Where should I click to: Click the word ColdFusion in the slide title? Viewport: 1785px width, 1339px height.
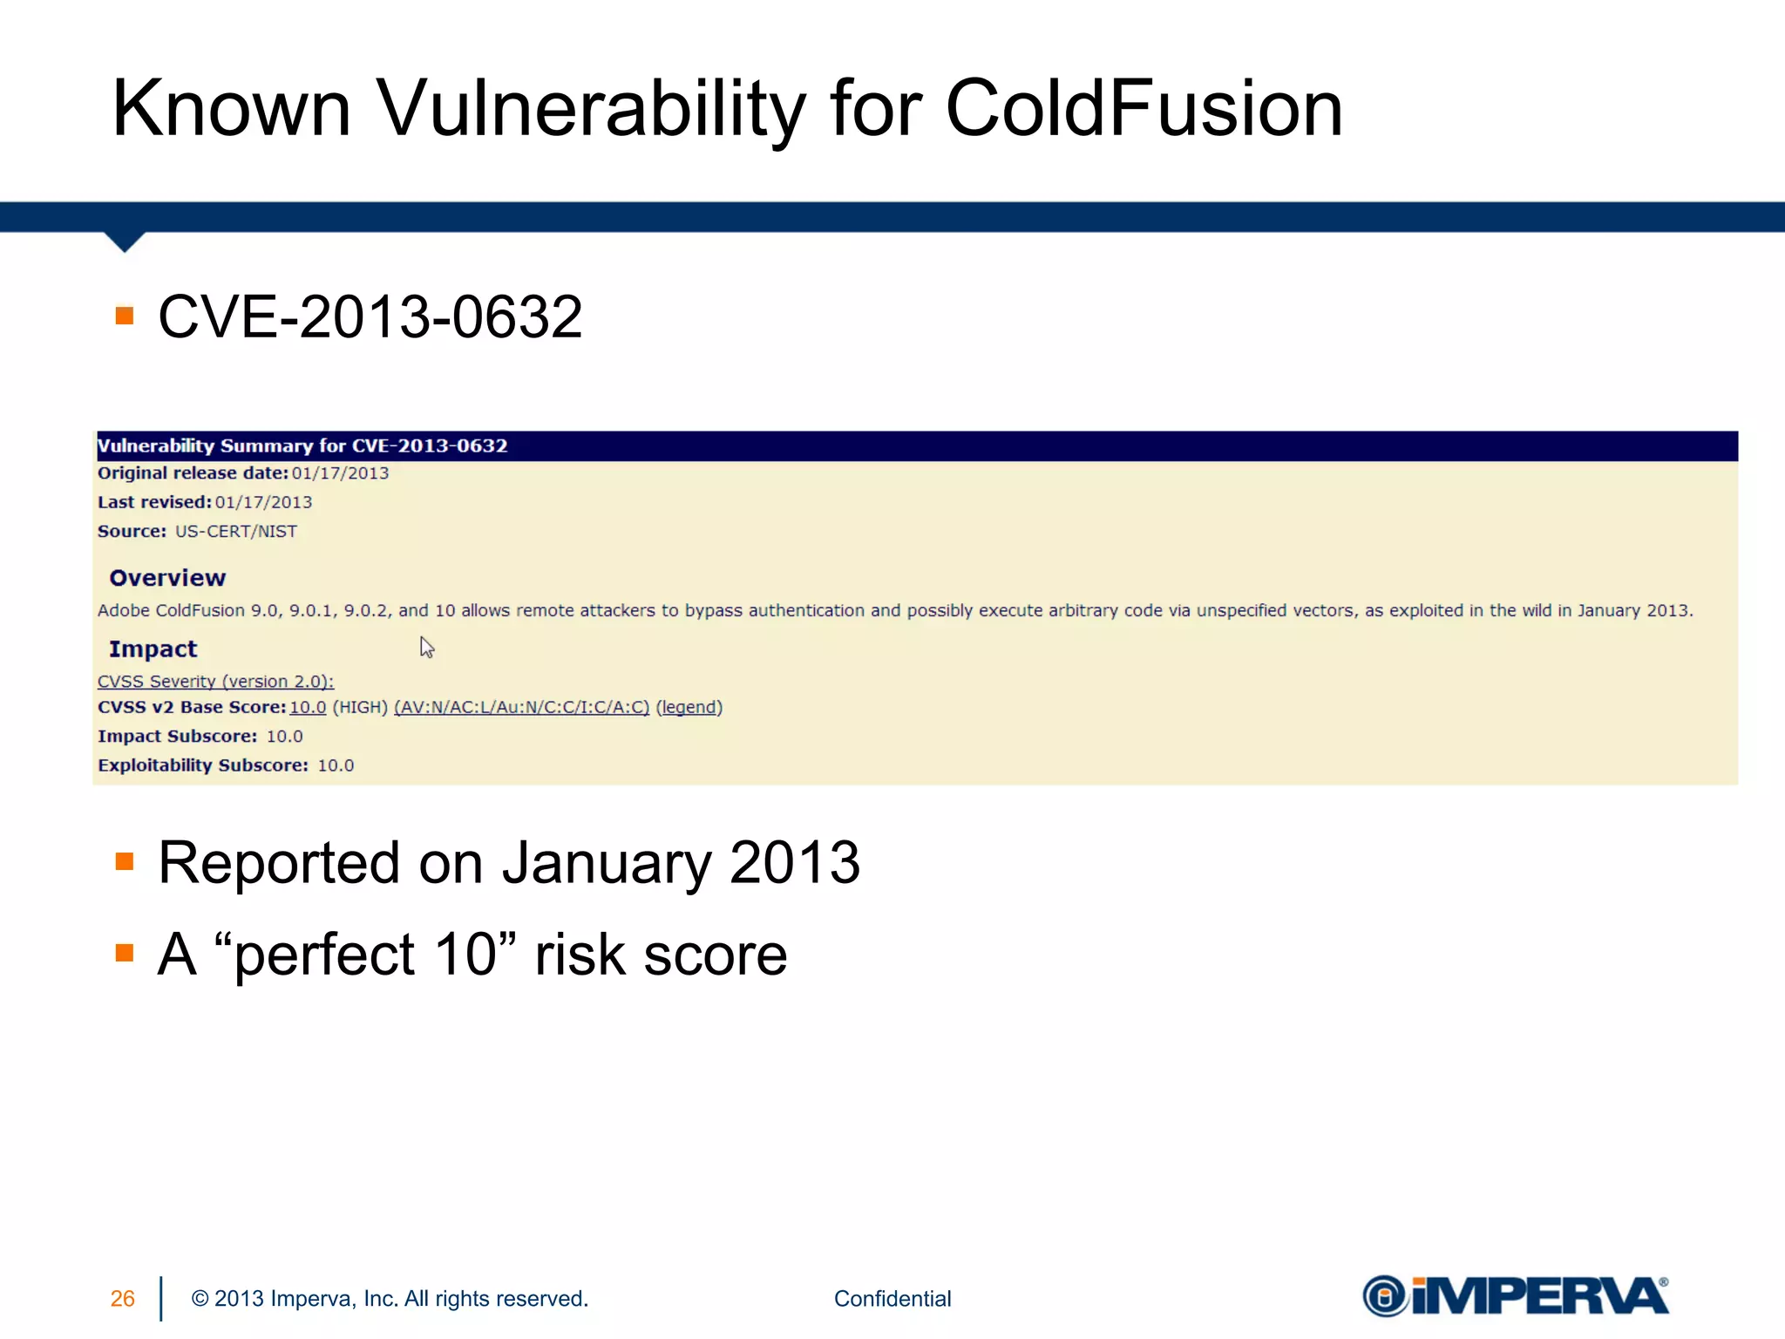(1143, 108)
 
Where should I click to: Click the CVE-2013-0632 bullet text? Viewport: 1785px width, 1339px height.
(370, 316)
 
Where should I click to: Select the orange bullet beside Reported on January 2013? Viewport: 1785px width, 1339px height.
(125, 862)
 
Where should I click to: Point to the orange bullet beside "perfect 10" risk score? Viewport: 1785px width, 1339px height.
(125, 953)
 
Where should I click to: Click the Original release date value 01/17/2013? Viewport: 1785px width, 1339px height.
(340, 473)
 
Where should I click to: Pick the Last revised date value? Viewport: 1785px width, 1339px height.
(263, 502)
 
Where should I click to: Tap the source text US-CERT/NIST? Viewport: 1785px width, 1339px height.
(236, 532)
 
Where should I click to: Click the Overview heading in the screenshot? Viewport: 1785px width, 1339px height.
(167, 578)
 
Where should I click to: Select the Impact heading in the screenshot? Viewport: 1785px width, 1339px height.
(153, 649)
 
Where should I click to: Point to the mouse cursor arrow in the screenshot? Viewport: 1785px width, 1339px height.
(426, 647)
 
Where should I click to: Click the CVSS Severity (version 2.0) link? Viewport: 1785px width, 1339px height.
(215, 681)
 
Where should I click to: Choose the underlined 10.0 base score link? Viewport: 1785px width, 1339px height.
(308, 707)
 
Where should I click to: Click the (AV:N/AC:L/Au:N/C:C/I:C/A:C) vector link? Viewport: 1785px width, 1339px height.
(521, 707)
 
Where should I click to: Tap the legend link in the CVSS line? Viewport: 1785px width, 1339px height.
(689, 707)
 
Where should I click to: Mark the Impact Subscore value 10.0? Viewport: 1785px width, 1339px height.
(284, 737)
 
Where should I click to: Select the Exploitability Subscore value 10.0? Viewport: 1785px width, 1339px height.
(336, 765)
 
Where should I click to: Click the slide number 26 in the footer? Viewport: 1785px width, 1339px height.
(123, 1299)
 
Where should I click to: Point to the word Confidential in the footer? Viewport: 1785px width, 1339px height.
(892, 1299)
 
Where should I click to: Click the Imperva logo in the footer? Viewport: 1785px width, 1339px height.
(1515, 1296)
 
